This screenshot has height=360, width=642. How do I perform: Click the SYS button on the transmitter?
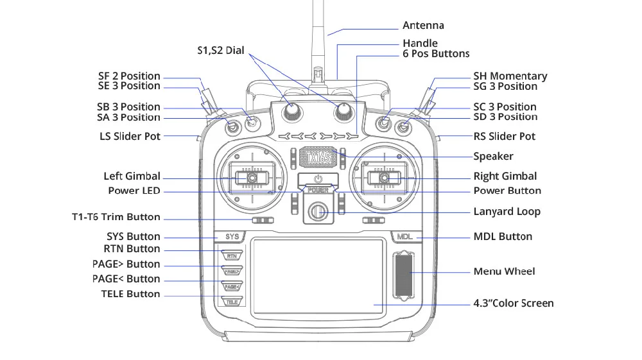click(232, 237)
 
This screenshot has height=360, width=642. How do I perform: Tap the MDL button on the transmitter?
click(404, 237)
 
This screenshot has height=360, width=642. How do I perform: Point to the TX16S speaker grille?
click(318, 156)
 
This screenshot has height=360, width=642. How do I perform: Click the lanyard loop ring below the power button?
click(318, 211)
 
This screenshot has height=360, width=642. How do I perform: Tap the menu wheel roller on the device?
click(403, 274)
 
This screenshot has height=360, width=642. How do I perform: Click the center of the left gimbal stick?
click(252, 178)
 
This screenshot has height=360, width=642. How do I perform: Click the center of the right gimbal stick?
click(385, 178)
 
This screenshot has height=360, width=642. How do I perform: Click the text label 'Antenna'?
click(423, 26)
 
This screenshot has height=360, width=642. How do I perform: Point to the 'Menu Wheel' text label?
click(504, 271)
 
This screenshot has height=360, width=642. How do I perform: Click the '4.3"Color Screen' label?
click(514, 303)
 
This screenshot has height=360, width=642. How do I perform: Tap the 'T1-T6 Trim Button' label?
click(116, 217)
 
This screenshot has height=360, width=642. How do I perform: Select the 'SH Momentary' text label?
click(510, 76)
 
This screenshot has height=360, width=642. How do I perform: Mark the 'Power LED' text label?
click(134, 191)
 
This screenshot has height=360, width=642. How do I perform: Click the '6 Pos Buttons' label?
click(436, 54)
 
